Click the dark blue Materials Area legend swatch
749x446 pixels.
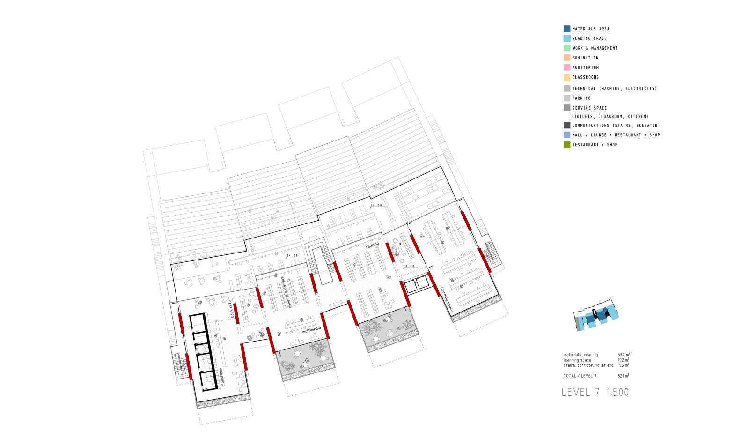567,29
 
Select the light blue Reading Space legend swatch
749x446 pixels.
567,38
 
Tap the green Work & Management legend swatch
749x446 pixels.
567,48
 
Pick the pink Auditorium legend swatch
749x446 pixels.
567,67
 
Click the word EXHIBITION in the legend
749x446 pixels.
585,58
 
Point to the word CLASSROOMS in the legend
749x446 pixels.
585,77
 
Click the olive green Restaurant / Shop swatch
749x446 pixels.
567,145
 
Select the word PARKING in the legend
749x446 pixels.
581,98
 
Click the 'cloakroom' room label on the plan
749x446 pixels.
222,377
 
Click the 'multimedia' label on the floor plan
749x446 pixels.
311,330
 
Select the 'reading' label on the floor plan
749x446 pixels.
373,245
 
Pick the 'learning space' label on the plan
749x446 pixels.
446,299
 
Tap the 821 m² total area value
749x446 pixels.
623,376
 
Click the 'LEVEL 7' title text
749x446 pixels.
580,393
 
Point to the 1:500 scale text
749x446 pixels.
618,393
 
